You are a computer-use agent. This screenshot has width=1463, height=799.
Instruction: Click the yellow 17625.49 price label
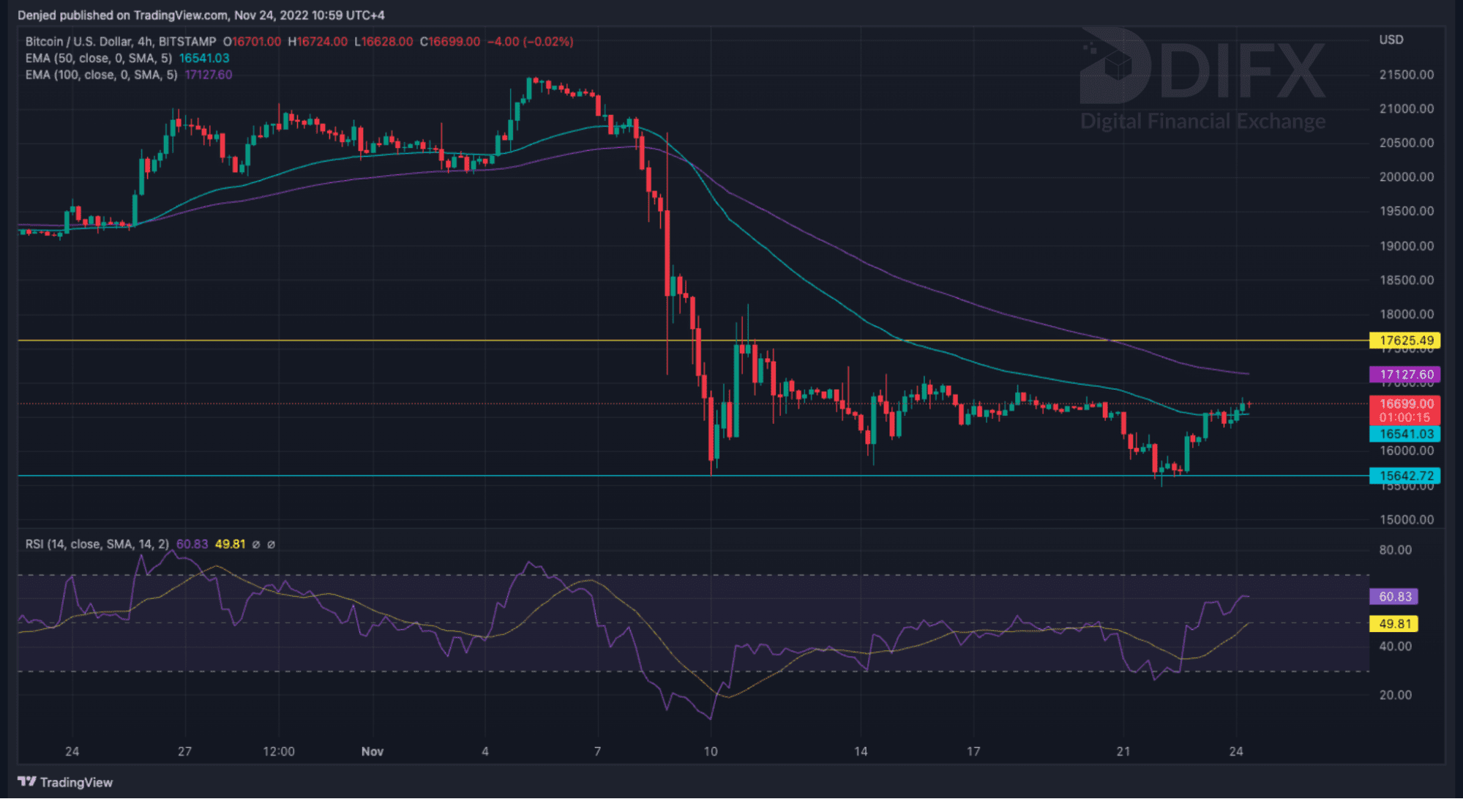[1404, 341]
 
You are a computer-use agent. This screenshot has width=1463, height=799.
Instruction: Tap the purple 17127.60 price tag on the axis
[1404, 374]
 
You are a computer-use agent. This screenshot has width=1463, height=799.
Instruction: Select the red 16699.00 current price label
[1404, 404]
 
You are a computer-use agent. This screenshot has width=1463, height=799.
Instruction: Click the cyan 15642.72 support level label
[1404, 476]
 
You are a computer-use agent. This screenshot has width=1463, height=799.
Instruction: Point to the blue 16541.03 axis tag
[1404, 434]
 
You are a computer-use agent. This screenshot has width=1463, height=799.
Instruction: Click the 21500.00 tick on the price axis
[1406, 75]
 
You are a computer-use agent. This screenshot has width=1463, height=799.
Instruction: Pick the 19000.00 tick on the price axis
[1406, 246]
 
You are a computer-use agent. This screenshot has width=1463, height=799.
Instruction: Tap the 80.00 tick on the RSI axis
[1395, 550]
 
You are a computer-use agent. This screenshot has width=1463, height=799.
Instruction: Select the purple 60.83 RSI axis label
[1394, 597]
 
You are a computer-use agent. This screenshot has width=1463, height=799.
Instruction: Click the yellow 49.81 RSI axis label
[1394, 624]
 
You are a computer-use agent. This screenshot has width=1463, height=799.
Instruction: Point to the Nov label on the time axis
[372, 751]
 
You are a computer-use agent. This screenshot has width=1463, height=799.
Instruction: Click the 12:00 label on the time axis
[278, 751]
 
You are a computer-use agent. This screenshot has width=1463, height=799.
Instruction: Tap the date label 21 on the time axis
[1123, 751]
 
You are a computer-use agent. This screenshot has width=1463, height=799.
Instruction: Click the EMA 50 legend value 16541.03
[204, 59]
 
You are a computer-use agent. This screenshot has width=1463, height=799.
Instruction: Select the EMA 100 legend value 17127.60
[209, 75]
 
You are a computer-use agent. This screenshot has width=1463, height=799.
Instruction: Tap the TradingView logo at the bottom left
[65, 782]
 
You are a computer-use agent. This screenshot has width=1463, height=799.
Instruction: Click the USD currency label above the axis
[1391, 40]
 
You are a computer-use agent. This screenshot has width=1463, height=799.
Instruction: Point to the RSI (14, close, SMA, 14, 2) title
[97, 544]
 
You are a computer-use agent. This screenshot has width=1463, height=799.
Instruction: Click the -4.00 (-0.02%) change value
[530, 42]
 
